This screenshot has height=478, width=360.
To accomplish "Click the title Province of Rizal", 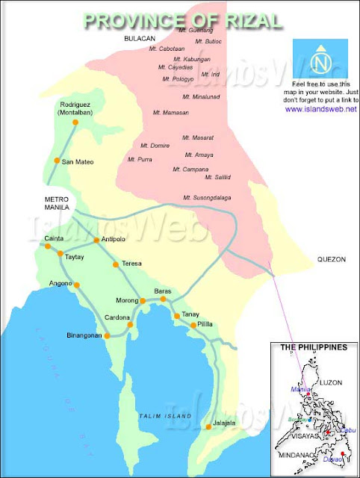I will [x=182, y=20].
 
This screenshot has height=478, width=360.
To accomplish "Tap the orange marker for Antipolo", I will [x=96, y=240].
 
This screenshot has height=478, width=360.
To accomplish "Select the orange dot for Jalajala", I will [x=208, y=426].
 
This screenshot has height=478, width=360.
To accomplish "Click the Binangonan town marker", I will [x=107, y=336].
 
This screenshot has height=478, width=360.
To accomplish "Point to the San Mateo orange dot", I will [x=56, y=161].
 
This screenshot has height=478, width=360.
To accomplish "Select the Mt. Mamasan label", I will [x=170, y=113].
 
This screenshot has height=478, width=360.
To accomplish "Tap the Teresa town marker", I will [x=114, y=264].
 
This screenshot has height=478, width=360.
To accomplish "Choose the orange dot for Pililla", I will [x=193, y=326].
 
